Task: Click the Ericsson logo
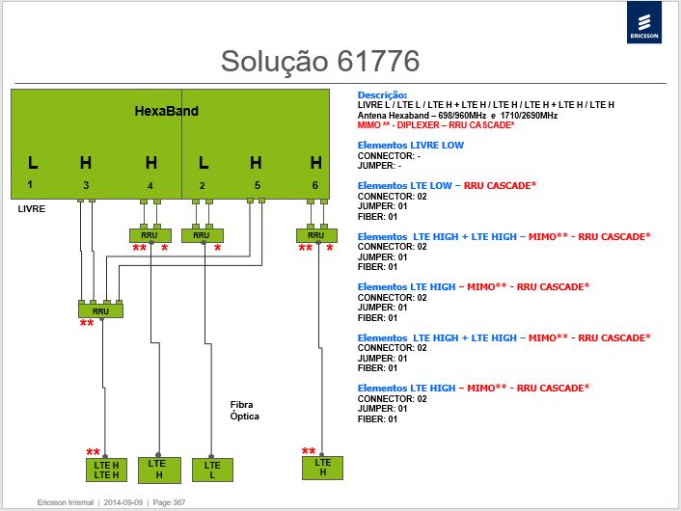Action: tap(644, 22)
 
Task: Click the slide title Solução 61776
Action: tap(320, 61)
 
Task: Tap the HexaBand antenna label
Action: tap(166, 111)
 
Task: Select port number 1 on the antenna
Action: tap(30, 184)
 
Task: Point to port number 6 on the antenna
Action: tap(314, 185)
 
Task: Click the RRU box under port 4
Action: tap(150, 235)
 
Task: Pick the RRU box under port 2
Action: tap(203, 235)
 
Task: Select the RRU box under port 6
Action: tap(316, 235)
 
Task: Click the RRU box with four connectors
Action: tap(100, 310)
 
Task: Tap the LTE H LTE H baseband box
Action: tap(106, 471)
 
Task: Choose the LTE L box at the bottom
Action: tap(212, 471)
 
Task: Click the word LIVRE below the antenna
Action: tap(31, 209)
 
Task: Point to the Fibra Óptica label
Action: tap(244, 411)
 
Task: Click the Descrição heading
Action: tap(382, 95)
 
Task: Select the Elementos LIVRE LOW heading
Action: tap(410, 145)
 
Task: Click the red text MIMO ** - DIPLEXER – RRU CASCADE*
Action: tap(436, 125)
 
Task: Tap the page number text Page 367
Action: tap(169, 502)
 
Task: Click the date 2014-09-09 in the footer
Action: tap(123, 502)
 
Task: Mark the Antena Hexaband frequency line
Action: tap(457, 116)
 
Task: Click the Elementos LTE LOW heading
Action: tap(447, 186)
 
